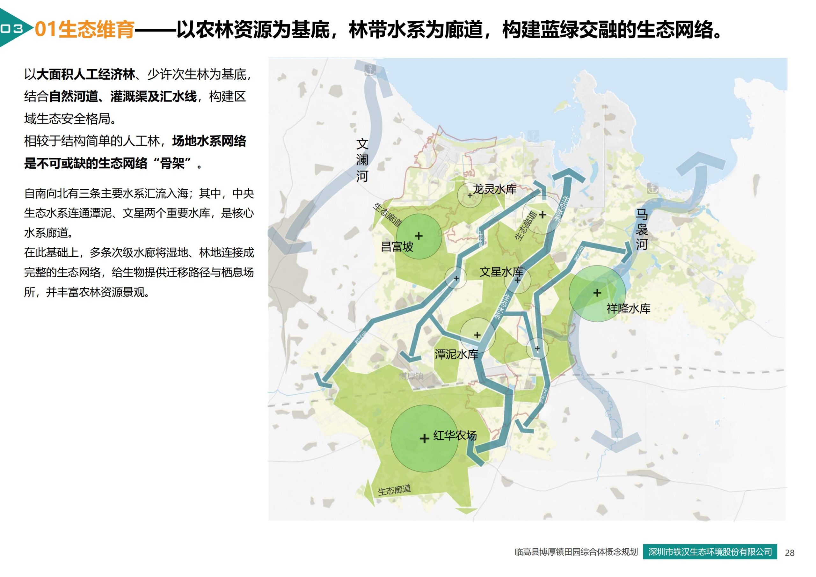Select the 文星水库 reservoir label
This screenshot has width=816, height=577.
click(501, 272)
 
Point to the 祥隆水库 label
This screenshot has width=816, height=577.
click(628, 308)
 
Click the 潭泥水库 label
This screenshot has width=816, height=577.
click(456, 354)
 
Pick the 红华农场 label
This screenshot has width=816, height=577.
click(455, 435)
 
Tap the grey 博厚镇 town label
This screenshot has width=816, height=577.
click(411, 376)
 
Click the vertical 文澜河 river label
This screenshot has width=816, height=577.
click(362, 160)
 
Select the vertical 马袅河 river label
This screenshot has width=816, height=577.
click(642, 230)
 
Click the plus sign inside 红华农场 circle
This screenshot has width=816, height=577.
click(424, 438)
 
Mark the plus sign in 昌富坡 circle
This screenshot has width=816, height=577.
click(419, 236)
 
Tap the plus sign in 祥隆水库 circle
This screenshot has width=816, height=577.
click(597, 293)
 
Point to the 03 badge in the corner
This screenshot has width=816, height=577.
click(12, 29)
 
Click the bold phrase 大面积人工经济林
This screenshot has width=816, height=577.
click(86, 75)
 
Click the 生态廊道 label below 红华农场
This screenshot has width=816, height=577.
click(394, 490)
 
